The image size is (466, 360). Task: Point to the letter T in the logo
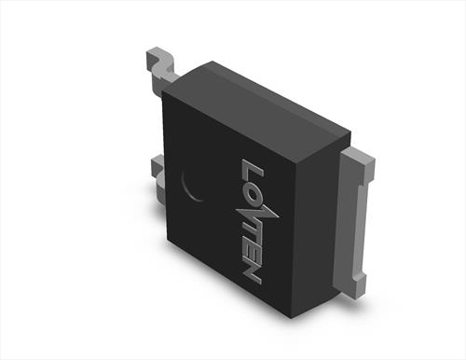tap(250, 234)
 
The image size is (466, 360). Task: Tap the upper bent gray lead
tap(160, 67)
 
